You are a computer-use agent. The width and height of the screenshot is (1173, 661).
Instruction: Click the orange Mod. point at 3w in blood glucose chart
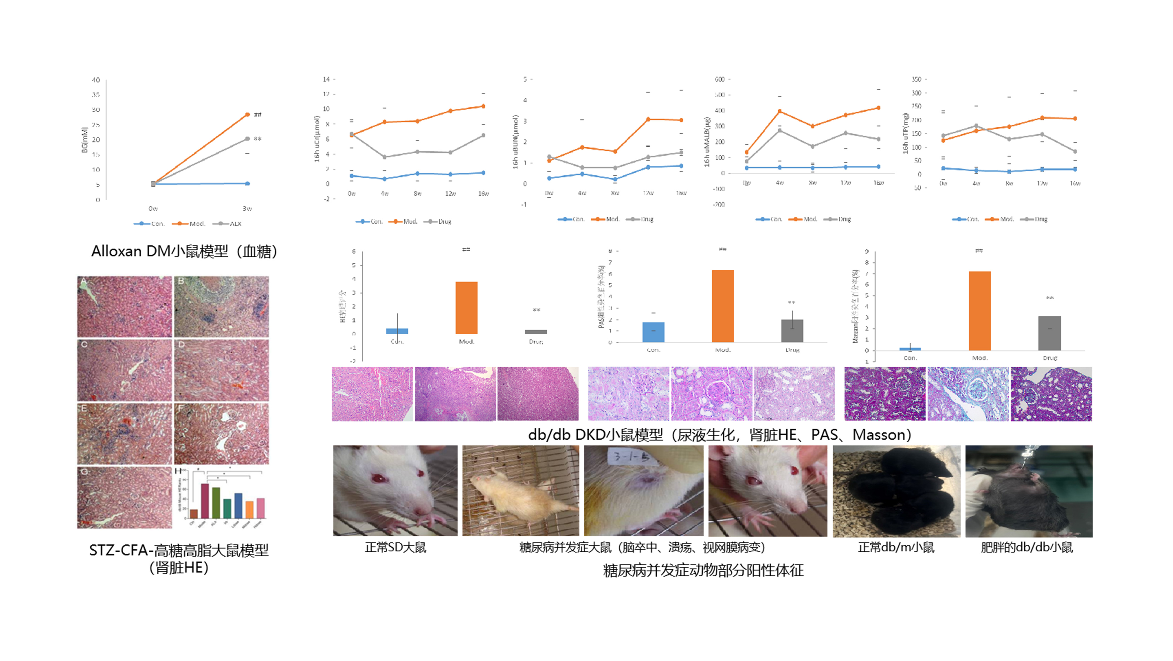247,114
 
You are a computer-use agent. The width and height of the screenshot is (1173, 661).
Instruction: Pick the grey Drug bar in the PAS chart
792,330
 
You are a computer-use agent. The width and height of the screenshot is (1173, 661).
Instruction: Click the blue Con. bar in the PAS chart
653,332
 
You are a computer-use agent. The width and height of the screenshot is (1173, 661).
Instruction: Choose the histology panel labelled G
124,497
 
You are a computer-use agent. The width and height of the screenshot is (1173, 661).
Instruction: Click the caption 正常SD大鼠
395,547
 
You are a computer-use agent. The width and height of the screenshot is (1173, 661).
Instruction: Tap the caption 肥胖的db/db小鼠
1027,547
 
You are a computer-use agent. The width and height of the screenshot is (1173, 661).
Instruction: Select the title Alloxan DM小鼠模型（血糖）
184,252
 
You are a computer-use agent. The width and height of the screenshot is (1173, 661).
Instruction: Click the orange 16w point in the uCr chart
483,106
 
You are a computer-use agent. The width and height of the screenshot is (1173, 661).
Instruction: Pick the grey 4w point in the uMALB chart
780,130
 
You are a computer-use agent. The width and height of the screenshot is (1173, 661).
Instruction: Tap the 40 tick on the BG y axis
96,80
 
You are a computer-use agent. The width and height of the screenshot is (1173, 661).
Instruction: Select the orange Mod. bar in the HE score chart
466,308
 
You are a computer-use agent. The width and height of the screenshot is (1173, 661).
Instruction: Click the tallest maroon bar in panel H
205,501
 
